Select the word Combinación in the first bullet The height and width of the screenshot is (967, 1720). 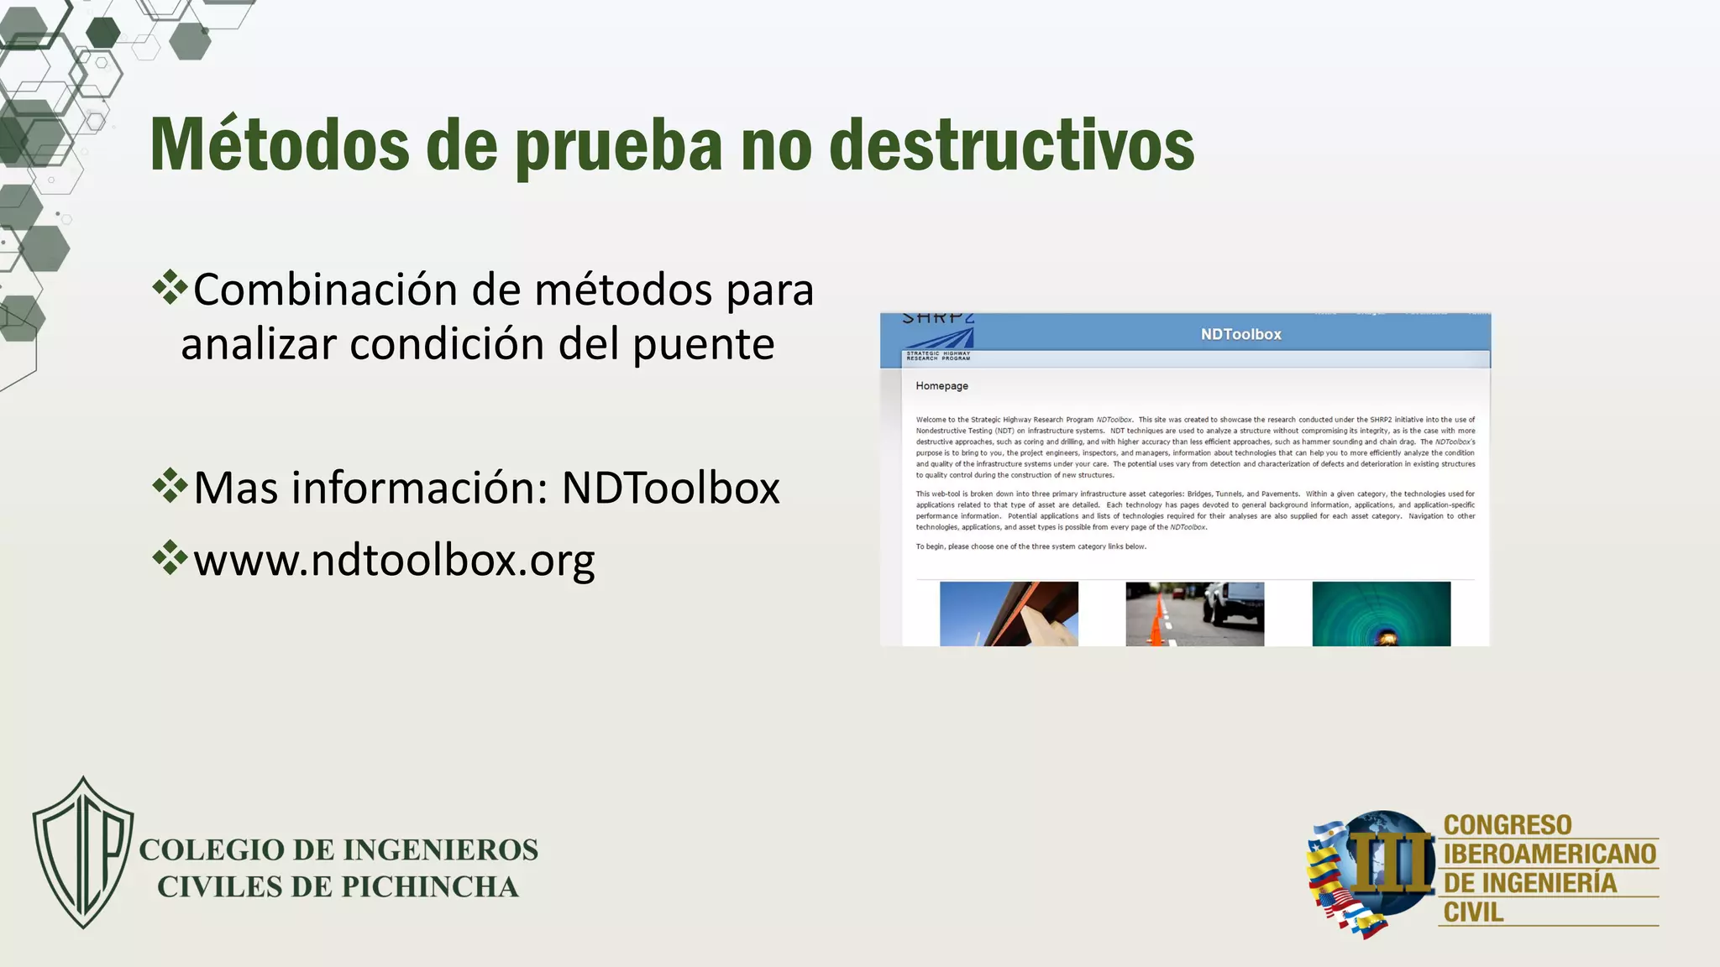tap(327, 290)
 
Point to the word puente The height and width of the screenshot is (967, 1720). tap(703, 344)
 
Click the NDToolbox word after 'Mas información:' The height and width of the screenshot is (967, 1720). tap(670, 488)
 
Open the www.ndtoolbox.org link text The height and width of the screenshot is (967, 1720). tap(394, 560)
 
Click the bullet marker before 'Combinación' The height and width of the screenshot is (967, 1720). tap(170, 287)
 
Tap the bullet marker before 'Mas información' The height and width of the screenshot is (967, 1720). tap(170, 485)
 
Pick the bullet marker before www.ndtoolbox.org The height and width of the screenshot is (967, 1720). tap(170, 557)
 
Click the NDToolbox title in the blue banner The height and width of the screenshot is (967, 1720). tap(1240, 334)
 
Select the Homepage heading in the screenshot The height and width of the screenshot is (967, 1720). tap(941, 386)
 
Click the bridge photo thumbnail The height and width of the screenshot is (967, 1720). tap(1009, 614)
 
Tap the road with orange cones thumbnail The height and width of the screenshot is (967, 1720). tap(1194, 614)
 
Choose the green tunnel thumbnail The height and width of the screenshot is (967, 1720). tap(1381, 614)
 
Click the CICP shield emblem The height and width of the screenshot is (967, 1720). tap(83, 852)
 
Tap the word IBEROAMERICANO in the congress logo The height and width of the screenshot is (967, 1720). tap(1550, 854)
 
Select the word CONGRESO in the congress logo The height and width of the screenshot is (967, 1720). tap(1507, 824)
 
